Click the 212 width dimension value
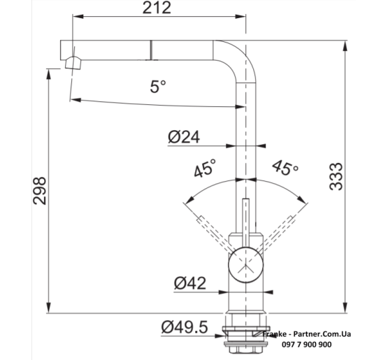tap(157, 8)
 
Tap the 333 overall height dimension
tap(336, 176)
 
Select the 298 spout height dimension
tap(40, 191)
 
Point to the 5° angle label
tap(158, 87)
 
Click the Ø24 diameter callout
tap(184, 137)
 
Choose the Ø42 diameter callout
tap(189, 283)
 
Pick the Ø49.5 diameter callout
tap(185, 327)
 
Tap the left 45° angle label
tap(204, 168)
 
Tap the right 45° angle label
tap(285, 168)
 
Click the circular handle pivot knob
tap(245, 265)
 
